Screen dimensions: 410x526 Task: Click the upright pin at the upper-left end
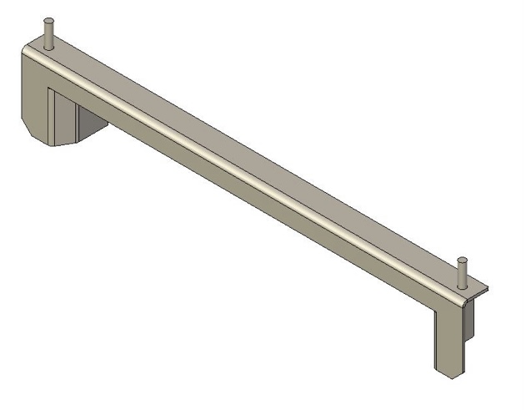(49, 34)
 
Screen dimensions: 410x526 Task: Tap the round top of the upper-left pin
(49, 20)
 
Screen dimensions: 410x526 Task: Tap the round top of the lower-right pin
(461, 261)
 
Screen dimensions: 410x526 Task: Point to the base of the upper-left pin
(49, 47)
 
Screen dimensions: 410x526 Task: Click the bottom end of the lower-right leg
(448, 372)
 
